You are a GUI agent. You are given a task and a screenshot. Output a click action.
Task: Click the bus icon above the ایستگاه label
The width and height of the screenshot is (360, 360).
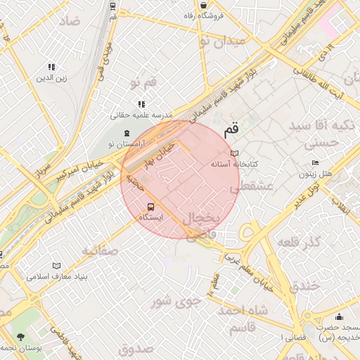tap(150, 207)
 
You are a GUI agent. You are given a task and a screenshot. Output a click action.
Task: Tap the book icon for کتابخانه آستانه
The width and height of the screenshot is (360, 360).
tap(235, 153)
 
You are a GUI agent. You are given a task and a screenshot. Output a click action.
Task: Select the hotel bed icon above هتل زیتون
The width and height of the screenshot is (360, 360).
tap(314, 162)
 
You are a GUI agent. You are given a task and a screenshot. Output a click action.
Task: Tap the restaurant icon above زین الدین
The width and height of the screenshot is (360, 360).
tap(51, 67)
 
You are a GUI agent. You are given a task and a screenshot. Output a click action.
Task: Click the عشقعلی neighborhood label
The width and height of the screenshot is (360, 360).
tap(261, 186)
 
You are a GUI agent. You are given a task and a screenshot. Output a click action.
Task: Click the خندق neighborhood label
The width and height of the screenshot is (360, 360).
tap(304, 285)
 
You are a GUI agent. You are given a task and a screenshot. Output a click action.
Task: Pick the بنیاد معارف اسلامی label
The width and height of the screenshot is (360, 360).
tap(57, 276)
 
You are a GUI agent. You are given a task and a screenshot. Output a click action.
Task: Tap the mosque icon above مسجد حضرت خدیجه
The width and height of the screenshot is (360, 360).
tap(340, 317)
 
